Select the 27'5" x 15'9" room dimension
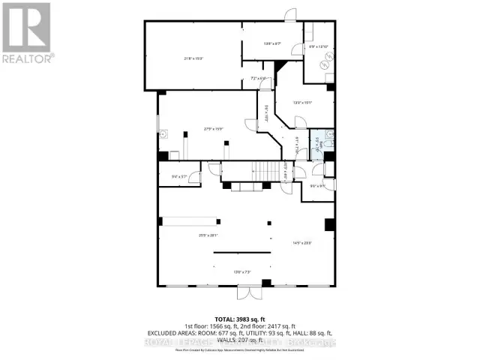click(x=214, y=128)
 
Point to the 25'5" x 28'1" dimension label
click(x=208, y=235)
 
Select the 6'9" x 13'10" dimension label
click(x=319, y=46)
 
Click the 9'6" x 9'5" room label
click(x=317, y=186)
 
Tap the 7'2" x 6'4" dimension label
click(x=257, y=78)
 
